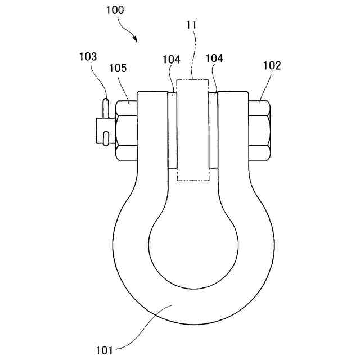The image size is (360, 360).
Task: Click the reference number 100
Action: click(x=115, y=10)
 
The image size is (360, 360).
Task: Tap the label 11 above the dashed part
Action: click(x=191, y=25)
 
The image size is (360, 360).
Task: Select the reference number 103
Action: click(x=88, y=56)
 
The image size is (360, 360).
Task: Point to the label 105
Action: click(x=118, y=68)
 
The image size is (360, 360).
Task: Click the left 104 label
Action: click(x=172, y=60)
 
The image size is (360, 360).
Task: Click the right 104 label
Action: click(x=214, y=58)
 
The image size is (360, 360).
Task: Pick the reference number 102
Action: click(x=272, y=65)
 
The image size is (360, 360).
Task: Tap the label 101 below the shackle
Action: click(x=105, y=350)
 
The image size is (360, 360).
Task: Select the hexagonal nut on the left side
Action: click(x=126, y=130)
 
